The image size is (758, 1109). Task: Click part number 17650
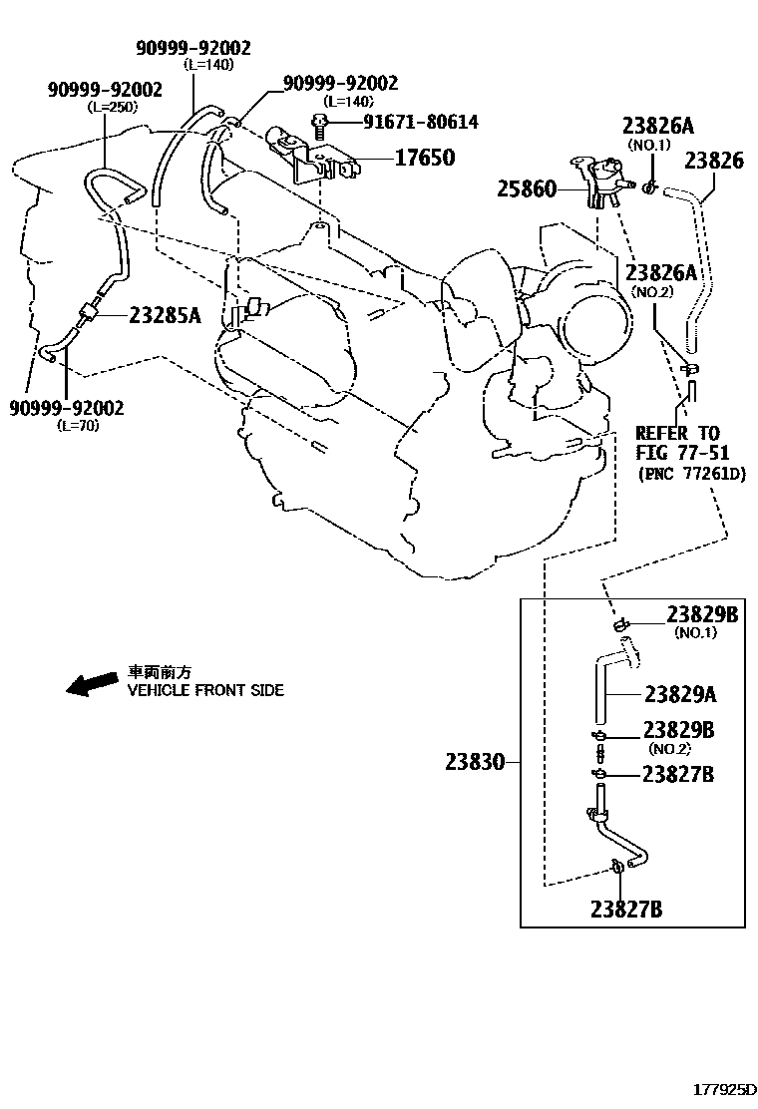424,158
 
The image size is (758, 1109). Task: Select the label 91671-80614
406,123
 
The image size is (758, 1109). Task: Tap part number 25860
527,188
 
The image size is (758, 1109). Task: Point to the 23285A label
165,316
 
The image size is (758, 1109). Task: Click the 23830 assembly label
476,763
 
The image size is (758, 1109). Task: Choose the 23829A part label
679,694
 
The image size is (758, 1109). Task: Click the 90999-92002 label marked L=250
99,90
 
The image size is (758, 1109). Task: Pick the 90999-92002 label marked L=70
66,407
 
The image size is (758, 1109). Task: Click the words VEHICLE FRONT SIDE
204,690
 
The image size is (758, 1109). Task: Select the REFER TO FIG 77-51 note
677,443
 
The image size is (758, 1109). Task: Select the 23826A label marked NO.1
657,127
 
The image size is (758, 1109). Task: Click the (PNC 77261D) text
691,474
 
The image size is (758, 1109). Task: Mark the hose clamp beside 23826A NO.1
648,186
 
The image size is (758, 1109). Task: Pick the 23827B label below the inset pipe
625,909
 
